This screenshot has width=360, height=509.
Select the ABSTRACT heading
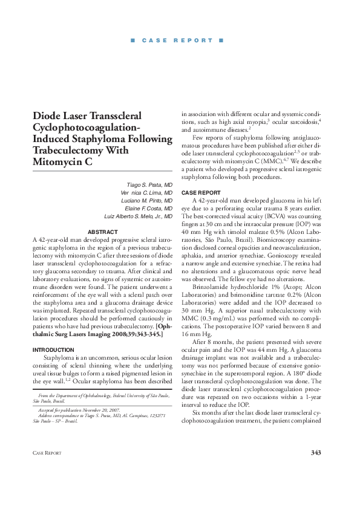coord(103,232)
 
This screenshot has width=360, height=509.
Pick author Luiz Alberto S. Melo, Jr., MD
coord(139,216)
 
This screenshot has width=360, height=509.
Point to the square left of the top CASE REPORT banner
coord(132,41)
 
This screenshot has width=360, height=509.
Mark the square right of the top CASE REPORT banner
coord(221,41)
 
